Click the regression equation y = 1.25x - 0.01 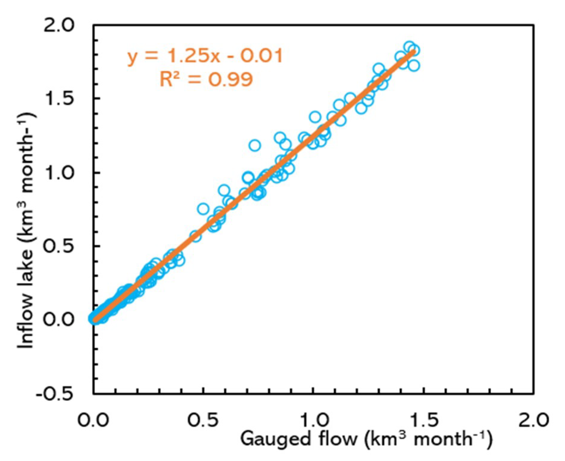205,56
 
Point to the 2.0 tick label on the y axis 59,26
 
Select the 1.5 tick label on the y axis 59,99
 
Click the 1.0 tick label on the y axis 59,173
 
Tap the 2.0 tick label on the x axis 533,420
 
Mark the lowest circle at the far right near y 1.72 414,65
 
